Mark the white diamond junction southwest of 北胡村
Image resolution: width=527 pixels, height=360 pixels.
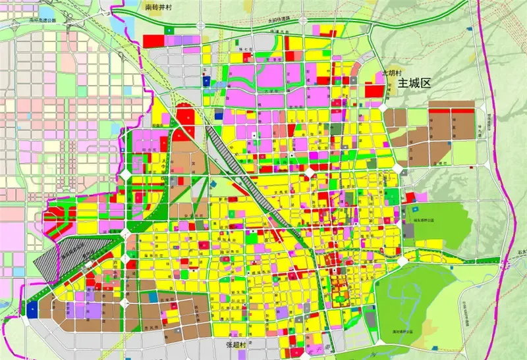coord(383,107)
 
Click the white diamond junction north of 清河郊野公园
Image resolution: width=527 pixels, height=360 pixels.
coord(402,262)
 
